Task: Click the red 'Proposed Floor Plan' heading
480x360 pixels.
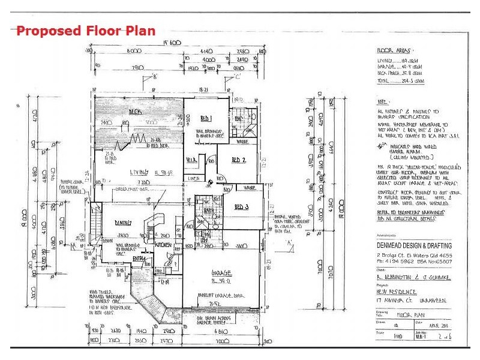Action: tap(86, 31)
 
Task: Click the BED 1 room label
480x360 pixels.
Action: tap(207, 117)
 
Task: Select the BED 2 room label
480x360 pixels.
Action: tap(239, 160)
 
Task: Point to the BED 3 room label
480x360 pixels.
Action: tap(242, 206)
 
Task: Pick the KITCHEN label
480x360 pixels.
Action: tap(164, 245)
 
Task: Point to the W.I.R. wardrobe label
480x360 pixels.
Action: tap(191, 160)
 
